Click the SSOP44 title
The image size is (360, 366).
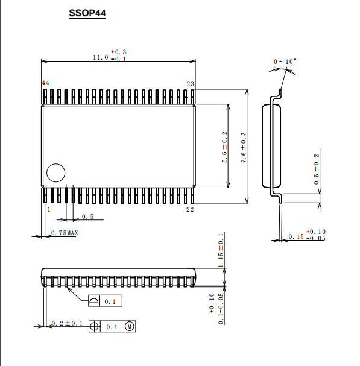tap(87, 13)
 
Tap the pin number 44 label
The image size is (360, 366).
tap(45, 83)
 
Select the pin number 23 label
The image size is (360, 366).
tap(191, 84)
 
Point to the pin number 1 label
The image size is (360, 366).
tap(49, 209)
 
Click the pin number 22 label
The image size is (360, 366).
tap(190, 209)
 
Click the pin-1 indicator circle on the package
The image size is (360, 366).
tap(56, 163)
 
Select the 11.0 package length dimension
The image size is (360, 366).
tap(101, 57)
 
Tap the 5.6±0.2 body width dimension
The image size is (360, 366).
tap(224, 147)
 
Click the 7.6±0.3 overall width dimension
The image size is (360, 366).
tap(244, 147)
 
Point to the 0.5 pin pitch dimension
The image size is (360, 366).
tap(88, 216)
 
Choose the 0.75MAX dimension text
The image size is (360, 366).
tap(65, 233)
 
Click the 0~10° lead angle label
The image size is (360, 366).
tap(285, 62)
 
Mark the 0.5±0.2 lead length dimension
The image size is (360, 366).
tap(317, 169)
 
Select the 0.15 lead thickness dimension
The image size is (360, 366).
tap(296, 236)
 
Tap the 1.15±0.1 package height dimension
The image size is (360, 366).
tap(221, 250)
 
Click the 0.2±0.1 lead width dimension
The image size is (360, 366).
tap(67, 323)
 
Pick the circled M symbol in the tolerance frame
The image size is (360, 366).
tap(129, 326)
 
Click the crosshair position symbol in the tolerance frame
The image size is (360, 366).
tap(94, 326)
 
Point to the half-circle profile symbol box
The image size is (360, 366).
tap(94, 301)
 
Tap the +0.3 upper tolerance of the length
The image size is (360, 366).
tap(118, 52)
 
